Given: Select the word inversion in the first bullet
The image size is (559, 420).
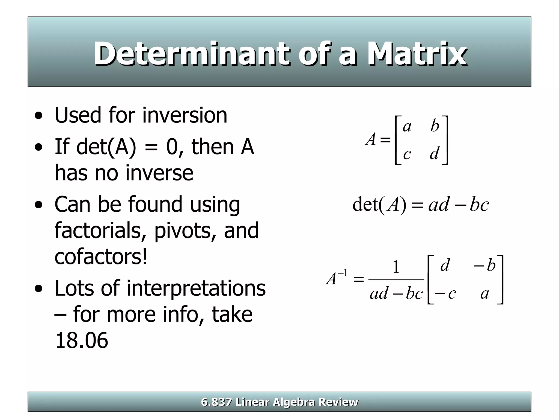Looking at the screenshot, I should pyautogui.click(x=185, y=115).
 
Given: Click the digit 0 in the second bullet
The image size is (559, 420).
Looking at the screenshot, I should pyautogui.click(x=172, y=147).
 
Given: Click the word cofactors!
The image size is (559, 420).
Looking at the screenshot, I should pyautogui.click(x=101, y=257).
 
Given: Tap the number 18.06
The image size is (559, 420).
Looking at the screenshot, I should pyautogui.click(x=81, y=340).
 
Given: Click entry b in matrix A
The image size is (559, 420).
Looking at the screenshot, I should pyautogui.click(x=435, y=126).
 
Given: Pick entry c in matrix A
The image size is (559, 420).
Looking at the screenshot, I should pyautogui.click(x=407, y=154).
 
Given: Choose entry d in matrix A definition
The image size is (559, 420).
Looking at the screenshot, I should pyautogui.click(x=435, y=153).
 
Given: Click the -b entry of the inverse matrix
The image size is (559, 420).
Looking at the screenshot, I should pyautogui.click(x=485, y=265).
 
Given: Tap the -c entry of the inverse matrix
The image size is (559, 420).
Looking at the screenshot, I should pyautogui.click(x=445, y=294).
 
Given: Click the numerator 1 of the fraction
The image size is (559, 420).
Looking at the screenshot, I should pyautogui.click(x=396, y=267).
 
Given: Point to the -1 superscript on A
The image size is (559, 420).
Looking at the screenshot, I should pyautogui.click(x=343, y=273).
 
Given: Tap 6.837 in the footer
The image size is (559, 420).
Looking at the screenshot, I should pyautogui.click(x=216, y=402).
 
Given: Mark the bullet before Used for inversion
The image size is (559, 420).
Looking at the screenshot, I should pyautogui.click(x=39, y=116).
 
